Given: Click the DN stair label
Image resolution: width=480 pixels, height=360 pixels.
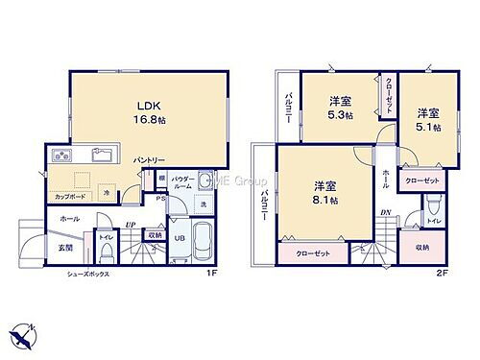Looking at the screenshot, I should [x=385, y=213].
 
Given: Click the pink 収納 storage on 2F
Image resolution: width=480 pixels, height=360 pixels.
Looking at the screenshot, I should [x=422, y=247].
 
